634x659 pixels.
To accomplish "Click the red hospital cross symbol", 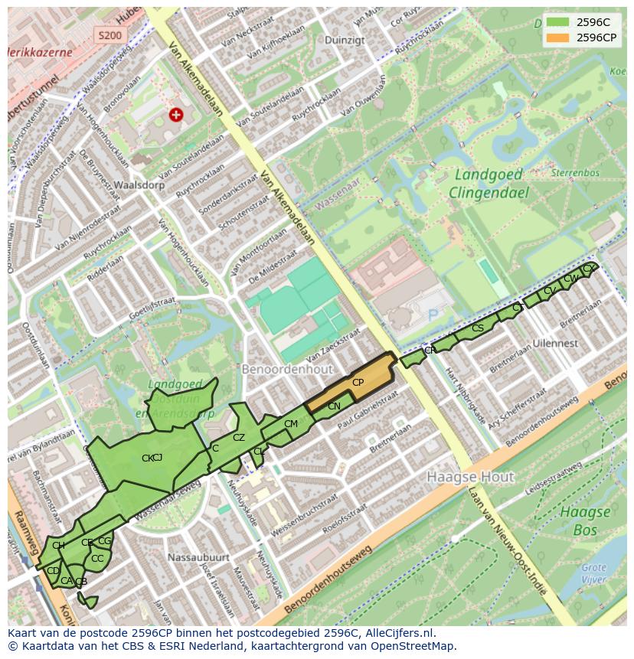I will pyautogui.click(x=176, y=115).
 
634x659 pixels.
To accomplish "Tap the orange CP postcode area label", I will pyautogui.click(x=358, y=382).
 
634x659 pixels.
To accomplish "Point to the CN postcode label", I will pyautogui.click(x=334, y=406).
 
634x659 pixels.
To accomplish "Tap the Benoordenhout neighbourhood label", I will pyautogui.click(x=287, y=369).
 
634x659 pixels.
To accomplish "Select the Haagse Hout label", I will pyautogui.click(x=470, y=477).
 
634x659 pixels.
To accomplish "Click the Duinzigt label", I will pyautogui.click(x=345, y=40).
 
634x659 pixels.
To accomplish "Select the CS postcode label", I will pyautogui.click(x=477, y=328).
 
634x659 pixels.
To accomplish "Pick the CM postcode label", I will pyautogui.click(x=291, y=423).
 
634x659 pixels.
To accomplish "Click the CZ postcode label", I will pyautogui.click(x=239, y=438).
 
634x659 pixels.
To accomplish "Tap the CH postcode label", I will pyautogui.click(x=58, y=545).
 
